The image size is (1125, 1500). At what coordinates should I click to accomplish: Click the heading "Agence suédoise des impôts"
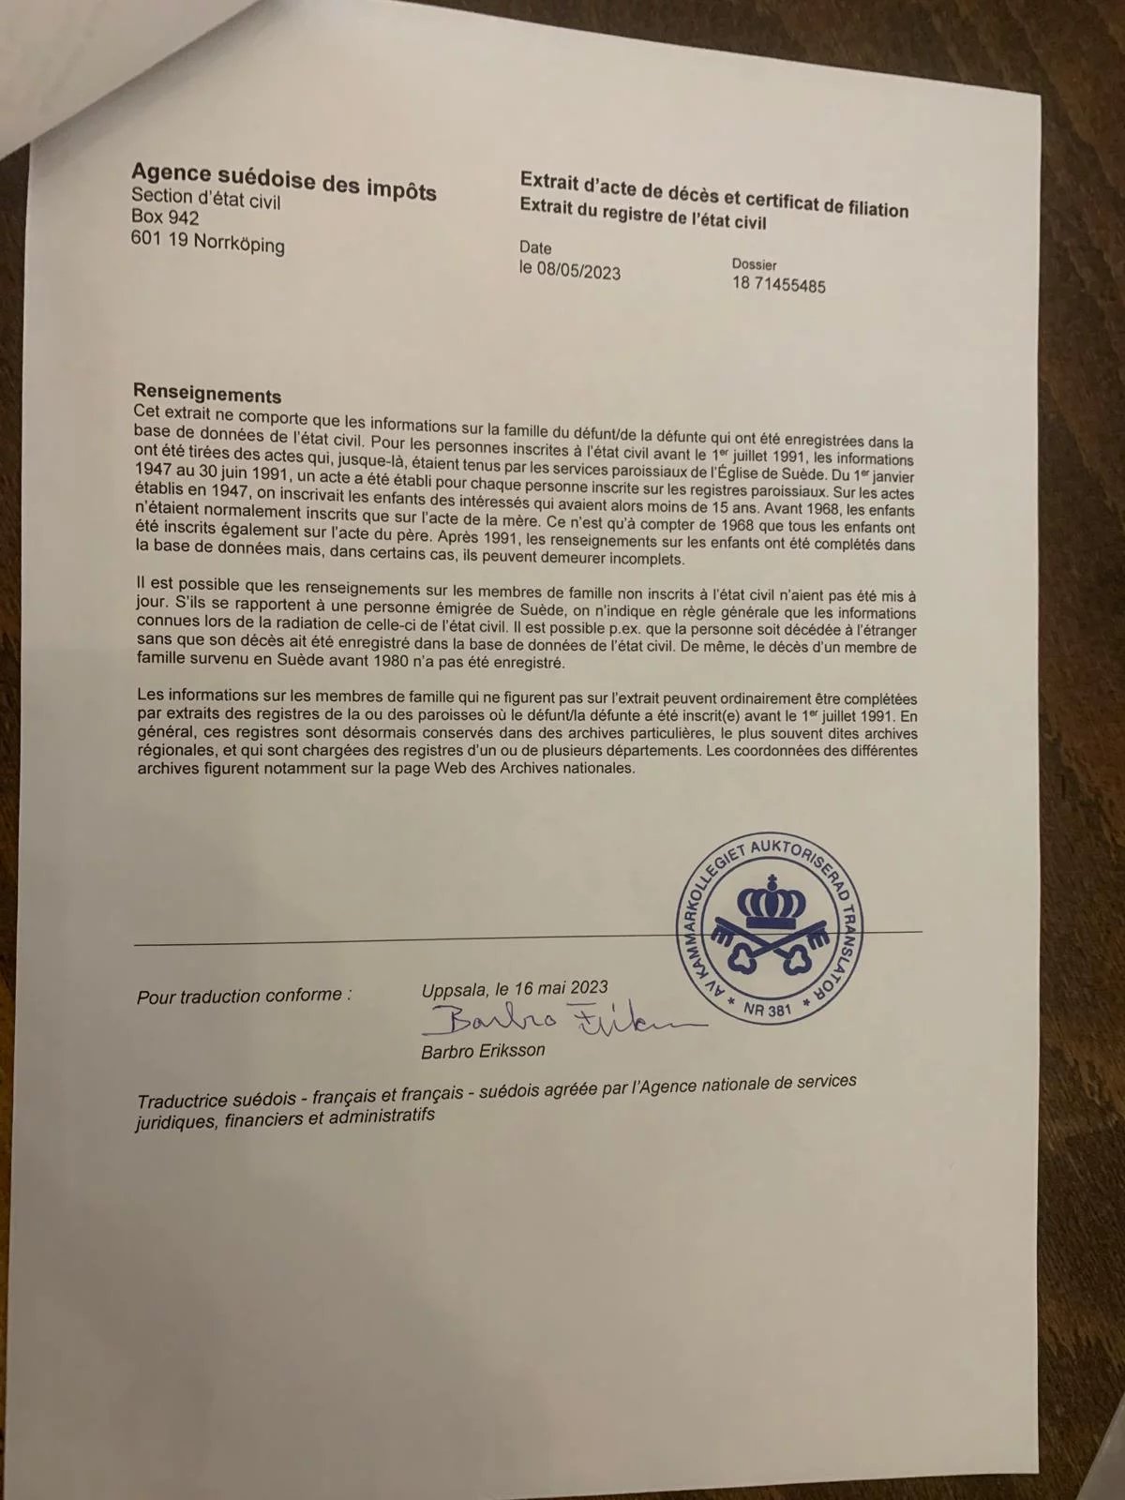pos(283,181)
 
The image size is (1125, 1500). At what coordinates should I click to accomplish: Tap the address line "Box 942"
pos(165,217)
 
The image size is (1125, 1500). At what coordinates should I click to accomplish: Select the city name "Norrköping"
pos(239,244)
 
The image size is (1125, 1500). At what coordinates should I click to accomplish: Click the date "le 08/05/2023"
pos(570,271)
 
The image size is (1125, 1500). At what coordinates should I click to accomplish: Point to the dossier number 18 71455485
pos(778,284)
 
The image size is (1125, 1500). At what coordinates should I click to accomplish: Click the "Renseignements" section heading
pos(207,394)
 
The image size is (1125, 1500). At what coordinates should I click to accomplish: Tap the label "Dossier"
pos(754,264)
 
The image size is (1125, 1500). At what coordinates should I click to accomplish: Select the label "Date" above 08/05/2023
pos(535,247)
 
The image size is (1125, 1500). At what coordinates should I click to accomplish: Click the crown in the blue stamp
pos(772,902)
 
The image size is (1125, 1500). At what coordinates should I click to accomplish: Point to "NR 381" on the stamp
pos(767,1010)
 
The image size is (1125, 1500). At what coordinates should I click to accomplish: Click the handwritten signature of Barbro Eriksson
pos(562,1020)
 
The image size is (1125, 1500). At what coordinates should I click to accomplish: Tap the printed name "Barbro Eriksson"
pos(483,1051)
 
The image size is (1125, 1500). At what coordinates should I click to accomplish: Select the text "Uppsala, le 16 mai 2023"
pos(515,988)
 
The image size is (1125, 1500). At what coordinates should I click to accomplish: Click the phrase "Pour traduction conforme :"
pos(244,996)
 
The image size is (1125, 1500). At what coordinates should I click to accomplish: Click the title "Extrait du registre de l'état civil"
pos(643,215)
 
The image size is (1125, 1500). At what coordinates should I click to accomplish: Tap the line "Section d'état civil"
pos(205,198)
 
